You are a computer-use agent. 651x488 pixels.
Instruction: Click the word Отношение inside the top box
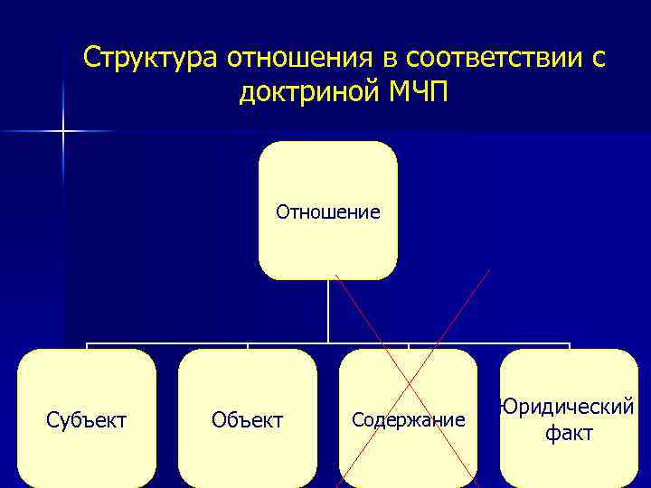point(327,213)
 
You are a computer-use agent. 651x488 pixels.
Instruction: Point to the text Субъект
point(87,420)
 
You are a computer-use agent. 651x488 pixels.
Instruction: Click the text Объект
point(247,420)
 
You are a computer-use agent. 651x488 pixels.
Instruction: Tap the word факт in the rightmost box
point(569,434)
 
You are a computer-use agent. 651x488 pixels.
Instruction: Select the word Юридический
point(569,408)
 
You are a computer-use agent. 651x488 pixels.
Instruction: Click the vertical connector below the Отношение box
point(327,312)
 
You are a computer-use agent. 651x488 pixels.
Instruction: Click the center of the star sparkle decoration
point(62,132)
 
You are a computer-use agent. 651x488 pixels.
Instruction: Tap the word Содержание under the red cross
point(408,420)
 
